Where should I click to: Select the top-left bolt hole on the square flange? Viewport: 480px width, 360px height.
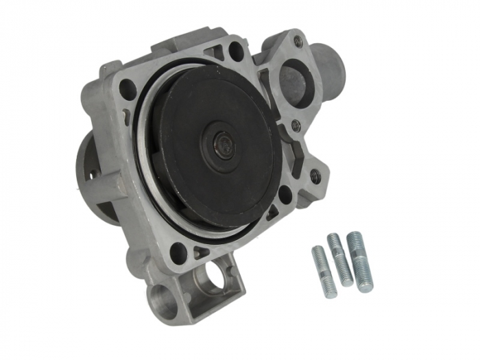128,88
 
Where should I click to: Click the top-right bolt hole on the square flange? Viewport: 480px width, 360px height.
235,49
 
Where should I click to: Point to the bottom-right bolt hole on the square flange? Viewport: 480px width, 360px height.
284,193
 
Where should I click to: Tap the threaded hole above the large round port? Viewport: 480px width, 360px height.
298,42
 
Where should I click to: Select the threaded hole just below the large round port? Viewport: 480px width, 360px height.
296,125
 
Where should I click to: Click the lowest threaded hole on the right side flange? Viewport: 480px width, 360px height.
315,176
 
